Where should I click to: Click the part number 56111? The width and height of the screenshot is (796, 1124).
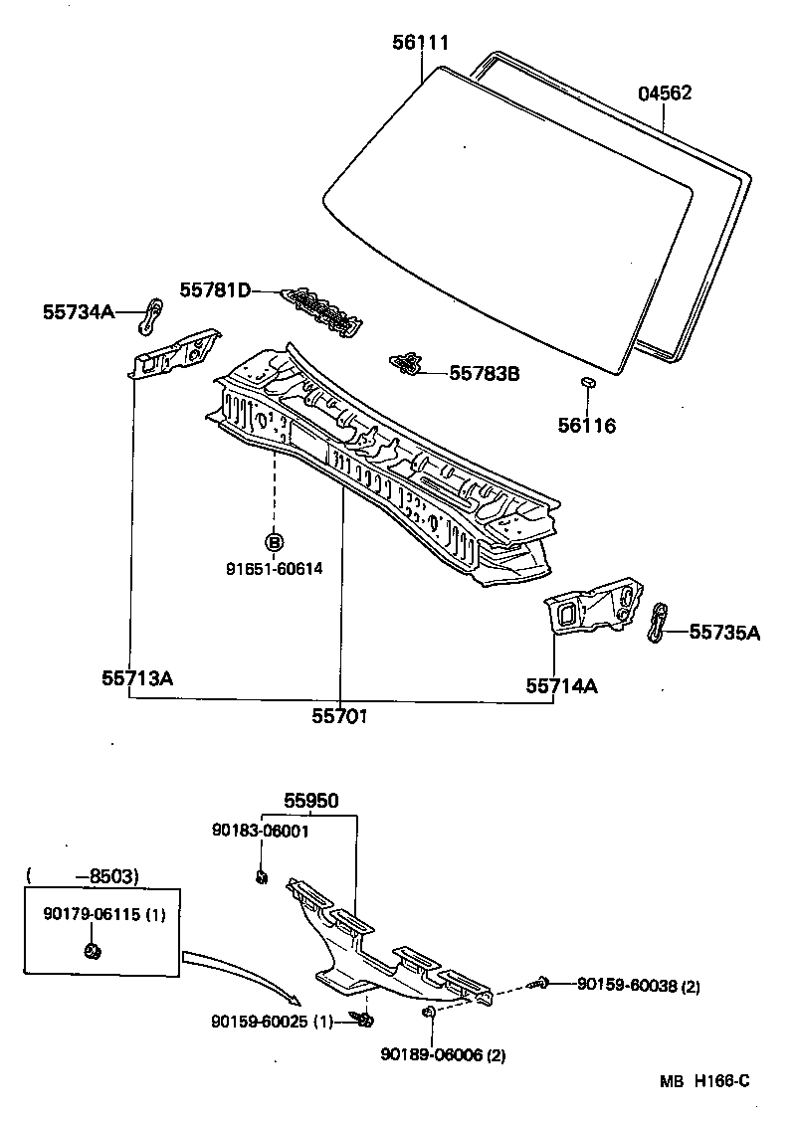[419, 42]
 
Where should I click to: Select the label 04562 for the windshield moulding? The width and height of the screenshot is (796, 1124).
[665, 94]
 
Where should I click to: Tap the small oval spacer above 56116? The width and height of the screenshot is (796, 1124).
[588, 383]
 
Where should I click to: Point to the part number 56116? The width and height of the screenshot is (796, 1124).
[586, 426]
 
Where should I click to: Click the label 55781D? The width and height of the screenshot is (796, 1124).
[215, 289]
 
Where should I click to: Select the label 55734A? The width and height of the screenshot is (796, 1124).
[78, 311]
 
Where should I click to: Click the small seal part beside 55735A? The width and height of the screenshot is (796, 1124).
[658, 622]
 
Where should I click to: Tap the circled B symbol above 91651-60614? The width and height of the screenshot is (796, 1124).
[274, 542]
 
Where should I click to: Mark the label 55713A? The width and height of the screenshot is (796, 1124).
[137, 678]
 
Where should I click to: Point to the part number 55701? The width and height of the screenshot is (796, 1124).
[340, 714]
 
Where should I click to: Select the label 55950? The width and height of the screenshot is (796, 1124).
[310, 800]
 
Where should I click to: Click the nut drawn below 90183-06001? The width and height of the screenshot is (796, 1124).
[262, 876]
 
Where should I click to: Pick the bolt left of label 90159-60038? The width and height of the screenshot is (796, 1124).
[542, 983]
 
